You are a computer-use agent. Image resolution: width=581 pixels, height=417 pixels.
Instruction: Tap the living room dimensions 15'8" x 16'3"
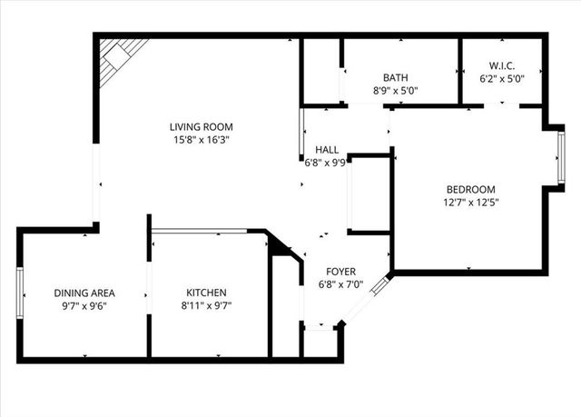(197, 140)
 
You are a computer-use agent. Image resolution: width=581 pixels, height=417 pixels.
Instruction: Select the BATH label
(396, 78)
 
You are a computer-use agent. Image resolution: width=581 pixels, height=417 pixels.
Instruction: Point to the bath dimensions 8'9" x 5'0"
(396, 91)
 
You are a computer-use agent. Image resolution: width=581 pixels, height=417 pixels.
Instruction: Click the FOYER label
(341, 272)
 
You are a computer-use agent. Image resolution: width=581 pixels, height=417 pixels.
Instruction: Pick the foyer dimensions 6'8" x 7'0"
(341, 285)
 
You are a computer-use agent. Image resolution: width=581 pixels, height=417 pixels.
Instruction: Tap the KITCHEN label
(206, 293)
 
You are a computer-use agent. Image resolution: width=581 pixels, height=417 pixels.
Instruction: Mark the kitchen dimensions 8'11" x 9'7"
(206, 306)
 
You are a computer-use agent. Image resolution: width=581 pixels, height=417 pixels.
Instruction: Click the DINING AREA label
(84, 293)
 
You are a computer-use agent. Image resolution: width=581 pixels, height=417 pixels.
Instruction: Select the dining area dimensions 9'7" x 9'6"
(84, 306)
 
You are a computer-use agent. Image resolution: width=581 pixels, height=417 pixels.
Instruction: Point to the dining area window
(19, 293)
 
